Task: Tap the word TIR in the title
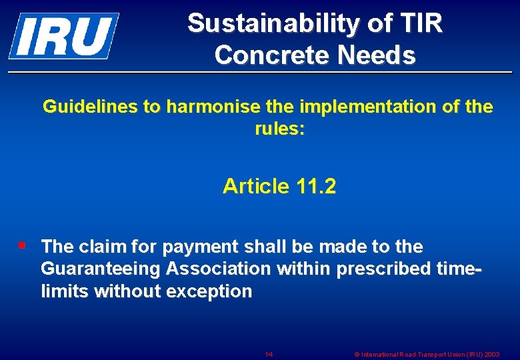pyautogui.click(x=422, y=24)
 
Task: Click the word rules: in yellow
pyautogui.click(x=280, y=128)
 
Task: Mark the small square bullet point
pyautogui.click(x=22, y=245)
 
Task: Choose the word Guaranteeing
pyautogui.click(x=100, y=269)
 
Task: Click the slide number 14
pyautogui.click(x=269, y=354)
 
